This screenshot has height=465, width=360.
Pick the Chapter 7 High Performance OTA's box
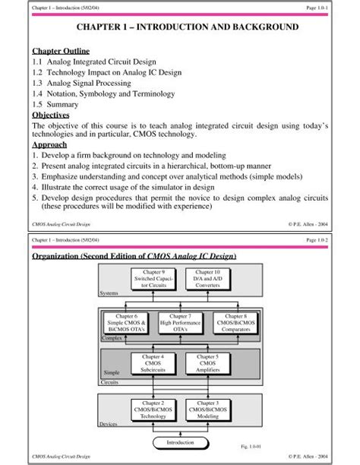(180, 322)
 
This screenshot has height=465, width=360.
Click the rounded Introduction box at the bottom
(180, 441)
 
